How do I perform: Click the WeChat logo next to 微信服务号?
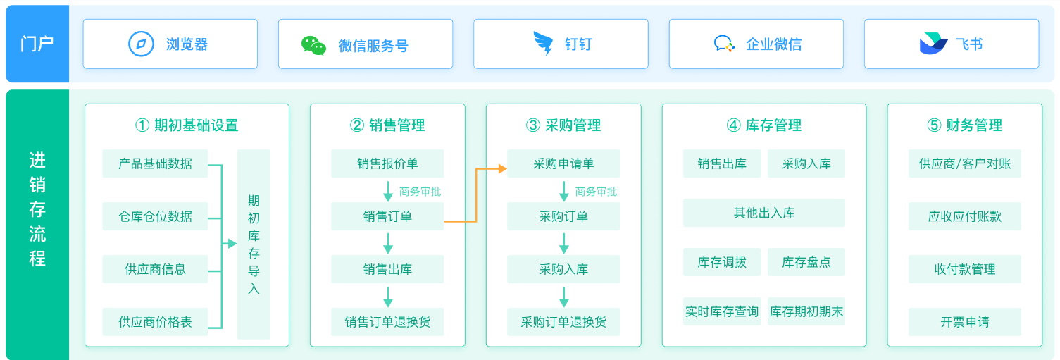pos(313,45)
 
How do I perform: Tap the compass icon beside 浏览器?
pos(141,44)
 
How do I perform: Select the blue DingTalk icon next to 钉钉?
pos(543,44)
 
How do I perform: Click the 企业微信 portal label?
pos(773,44)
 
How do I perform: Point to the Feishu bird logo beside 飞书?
pos(933,44)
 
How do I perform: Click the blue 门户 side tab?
pos(37,44)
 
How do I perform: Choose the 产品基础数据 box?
pos(155,163)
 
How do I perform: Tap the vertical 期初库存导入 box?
pos(254,244)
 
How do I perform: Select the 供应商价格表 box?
pos(155,322)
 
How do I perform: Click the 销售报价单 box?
pos(387,163)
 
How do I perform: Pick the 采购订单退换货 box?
pos(563,322)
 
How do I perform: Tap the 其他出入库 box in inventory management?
pos(763,213)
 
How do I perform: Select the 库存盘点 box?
pos(806,262)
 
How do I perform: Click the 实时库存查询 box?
pos(722,311)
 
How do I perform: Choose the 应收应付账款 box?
pos(964,216)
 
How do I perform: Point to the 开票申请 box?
pos(964,322)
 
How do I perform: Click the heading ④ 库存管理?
pos(763,125)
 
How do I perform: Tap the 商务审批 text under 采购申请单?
pos(596,192)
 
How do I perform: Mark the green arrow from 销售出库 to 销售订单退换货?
pos(387,296)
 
